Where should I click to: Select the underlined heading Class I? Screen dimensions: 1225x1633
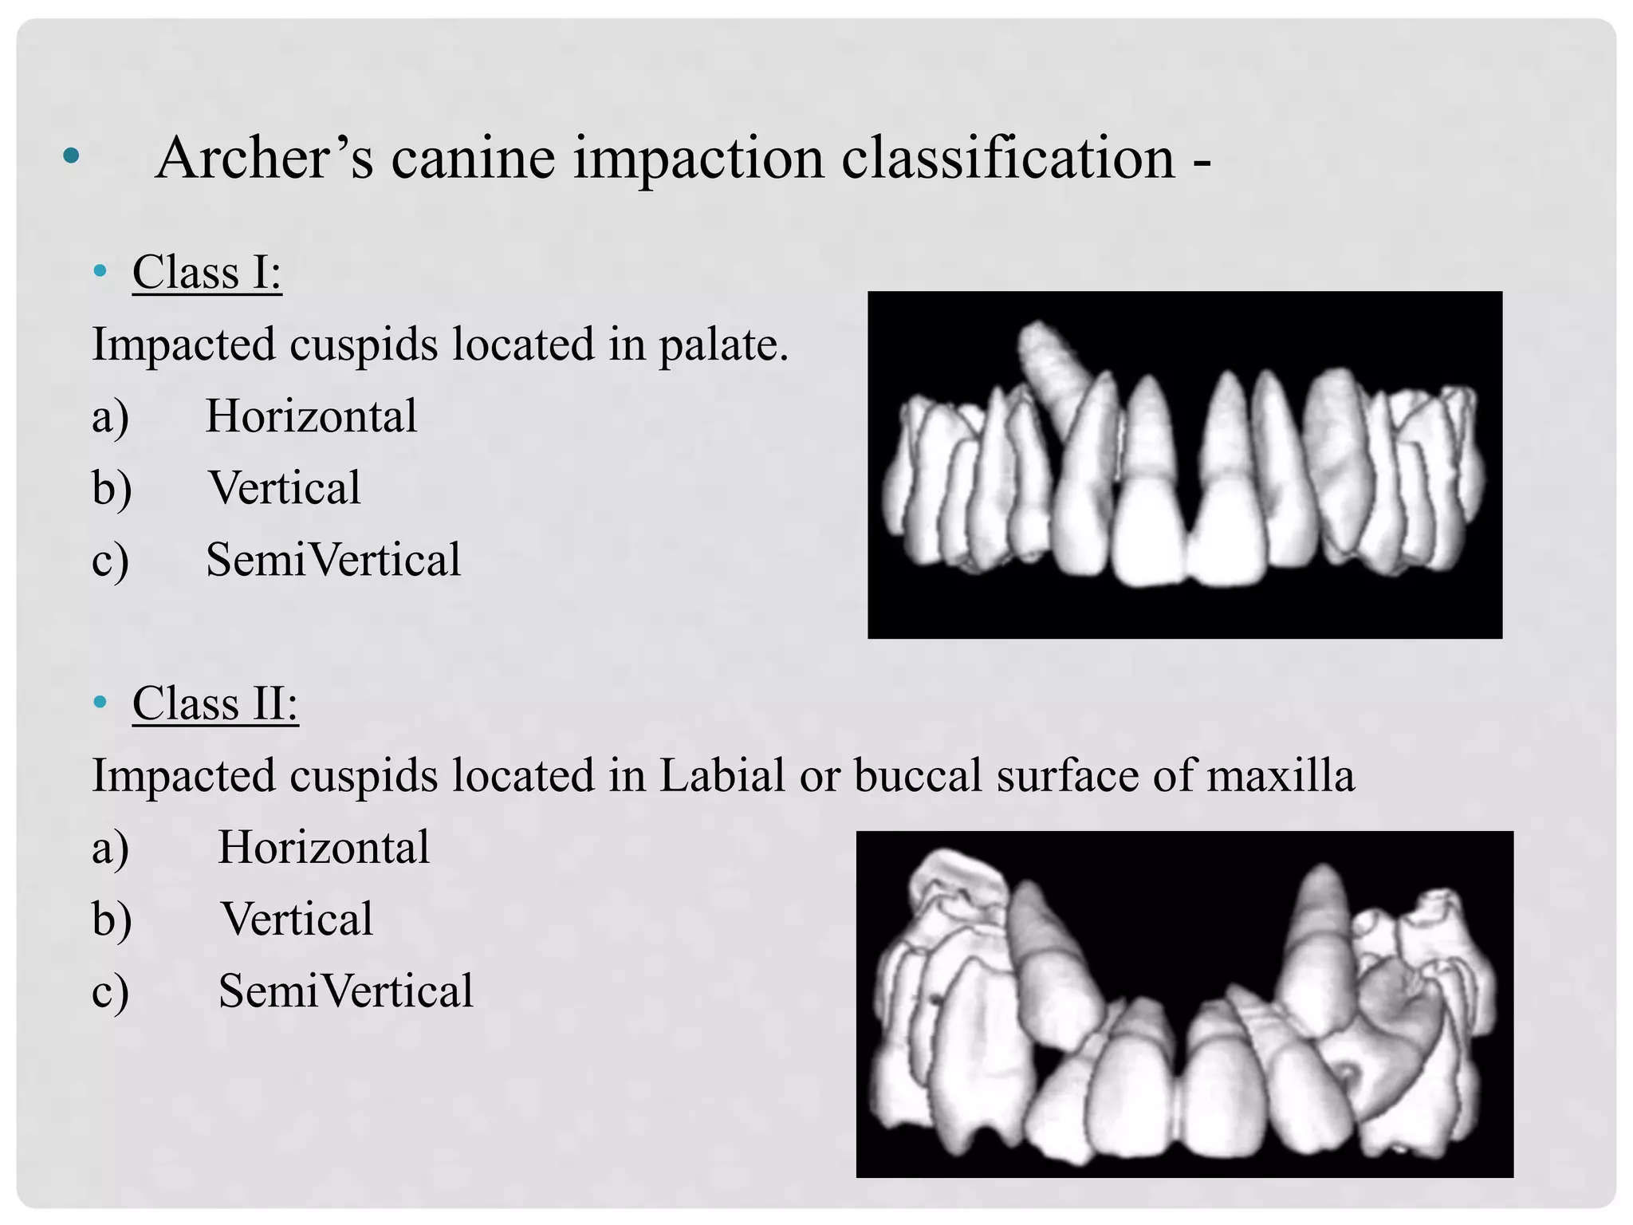(207, 272)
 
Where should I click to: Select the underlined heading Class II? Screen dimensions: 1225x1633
(215, 703)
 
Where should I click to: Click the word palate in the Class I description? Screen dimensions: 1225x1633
(722, 345)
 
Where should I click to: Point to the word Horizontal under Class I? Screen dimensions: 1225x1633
(311, 416)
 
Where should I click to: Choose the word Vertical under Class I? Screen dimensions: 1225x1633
(284, 488)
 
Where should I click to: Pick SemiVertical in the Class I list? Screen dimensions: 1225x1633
(333, 560)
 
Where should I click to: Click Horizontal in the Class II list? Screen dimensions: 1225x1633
(324, 847)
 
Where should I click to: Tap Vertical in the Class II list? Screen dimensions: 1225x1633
(297, 919)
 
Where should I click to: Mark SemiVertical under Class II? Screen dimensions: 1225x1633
(346, 991)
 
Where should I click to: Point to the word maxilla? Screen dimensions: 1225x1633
(1280, 775)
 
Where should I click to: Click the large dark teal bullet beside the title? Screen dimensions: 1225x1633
(71, 156)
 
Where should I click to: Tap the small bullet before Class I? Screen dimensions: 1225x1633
(100, 271)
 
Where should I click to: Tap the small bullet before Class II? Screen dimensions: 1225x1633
(100, 702)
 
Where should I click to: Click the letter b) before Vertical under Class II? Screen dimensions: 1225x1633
(112, 920)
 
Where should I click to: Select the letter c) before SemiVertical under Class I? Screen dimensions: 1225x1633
(111, 561)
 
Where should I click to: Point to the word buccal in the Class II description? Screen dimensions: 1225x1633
(917, 775)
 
